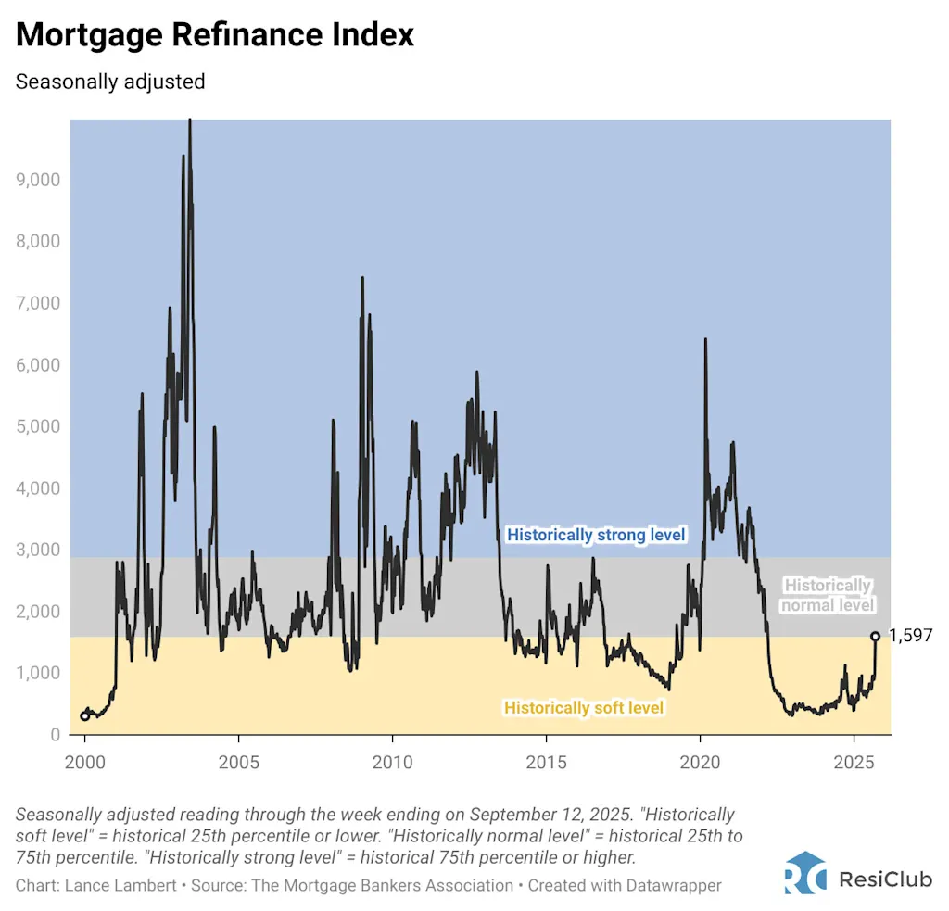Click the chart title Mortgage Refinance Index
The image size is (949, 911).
(x=215, y=35)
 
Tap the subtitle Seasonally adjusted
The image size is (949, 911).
(x=110, y=82)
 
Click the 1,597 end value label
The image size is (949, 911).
(x=910, y=636)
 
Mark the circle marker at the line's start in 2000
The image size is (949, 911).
(x=85, y=715)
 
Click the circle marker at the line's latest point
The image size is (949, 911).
(x=875, y=636)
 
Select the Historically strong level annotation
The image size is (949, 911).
(x=596, y=535)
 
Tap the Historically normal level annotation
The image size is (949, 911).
(x=828, y=595)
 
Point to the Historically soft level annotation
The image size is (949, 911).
(x=584, y=708)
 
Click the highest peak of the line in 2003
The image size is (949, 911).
(x=190, y=121)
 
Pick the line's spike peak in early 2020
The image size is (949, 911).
(x=705, y=340)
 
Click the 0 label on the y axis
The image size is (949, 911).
(x=55, y=735)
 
